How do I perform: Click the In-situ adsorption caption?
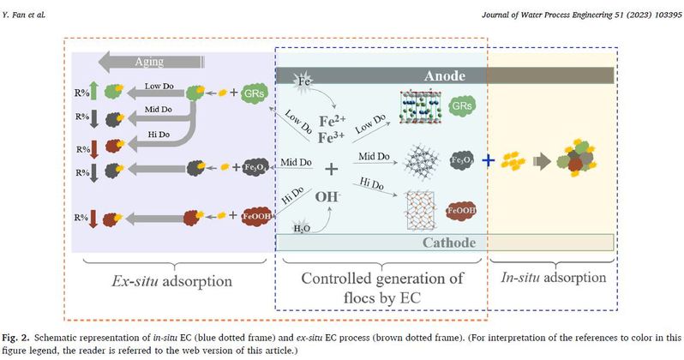tap(554, 278)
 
